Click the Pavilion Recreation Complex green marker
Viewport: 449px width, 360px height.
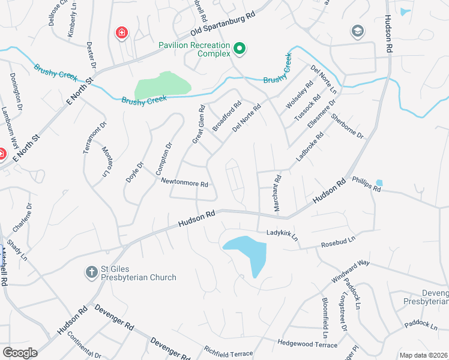click(240, 49)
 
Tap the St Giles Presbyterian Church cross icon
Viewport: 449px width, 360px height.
click(91, 272)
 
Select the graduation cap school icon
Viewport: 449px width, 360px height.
click(358, 31)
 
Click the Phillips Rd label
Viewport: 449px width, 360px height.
click(367, 184)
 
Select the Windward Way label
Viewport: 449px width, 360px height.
click(350, 272)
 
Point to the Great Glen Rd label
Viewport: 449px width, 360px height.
click(199, 124)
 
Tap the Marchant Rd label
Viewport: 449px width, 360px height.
click(277, 192)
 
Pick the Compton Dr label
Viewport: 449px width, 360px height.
click(164, 158)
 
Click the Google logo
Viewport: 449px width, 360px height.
click(19, 353)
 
